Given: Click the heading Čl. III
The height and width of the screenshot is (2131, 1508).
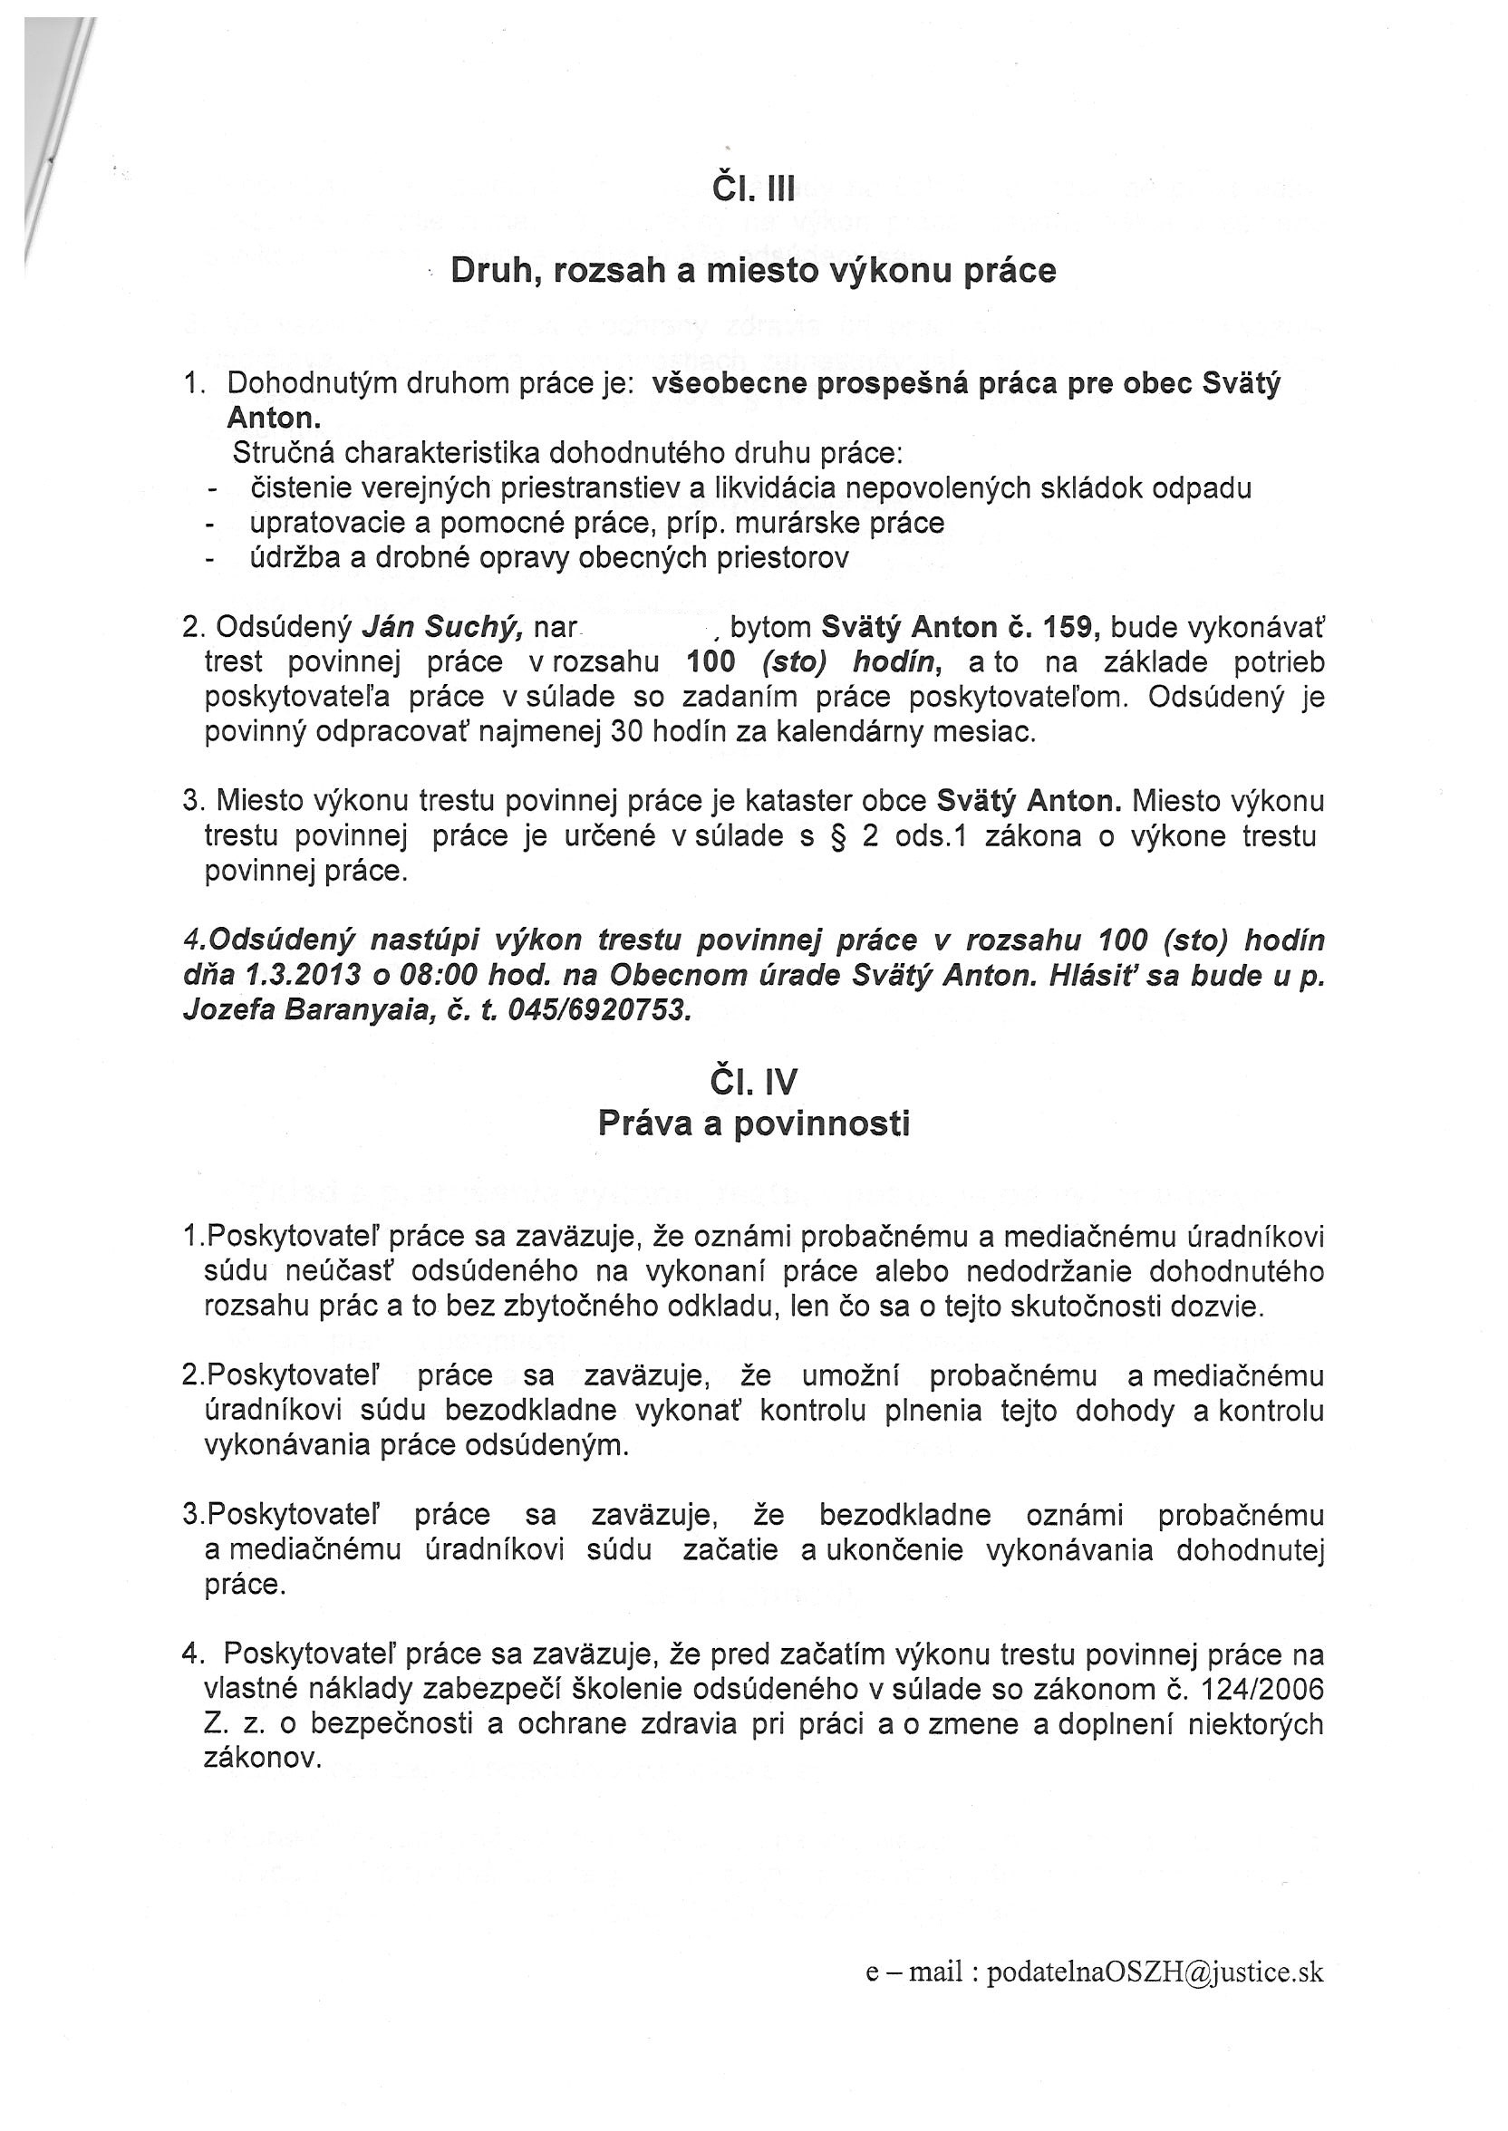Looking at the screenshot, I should coord(753,190).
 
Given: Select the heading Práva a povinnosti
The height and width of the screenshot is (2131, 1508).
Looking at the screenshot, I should coord(753,1124).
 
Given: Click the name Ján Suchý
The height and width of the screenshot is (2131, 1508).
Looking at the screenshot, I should coord(442,629).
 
